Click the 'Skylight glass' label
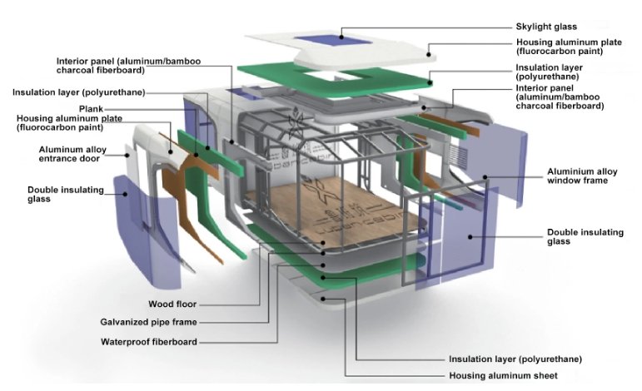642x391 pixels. pyautogui.click(x=546, y=27)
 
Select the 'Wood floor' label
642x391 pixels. pyautogui.click(x=172, y=304)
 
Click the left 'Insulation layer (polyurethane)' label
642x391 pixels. pyautogui.click(x=72, y=92)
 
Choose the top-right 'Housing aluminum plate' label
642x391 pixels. pyautogui.click(x=570, y=47)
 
